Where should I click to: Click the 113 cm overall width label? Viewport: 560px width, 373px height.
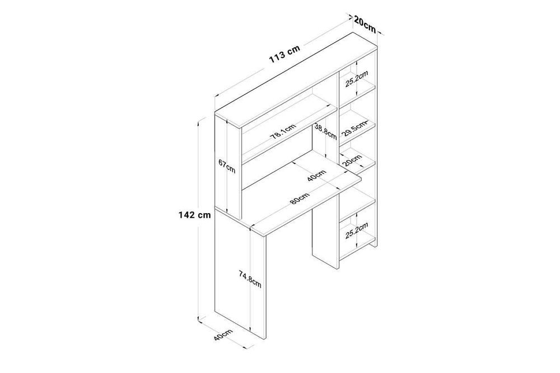point(286,53)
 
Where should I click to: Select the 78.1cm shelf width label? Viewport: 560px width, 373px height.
point(283,133)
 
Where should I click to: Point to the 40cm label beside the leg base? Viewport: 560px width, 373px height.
point(223,337)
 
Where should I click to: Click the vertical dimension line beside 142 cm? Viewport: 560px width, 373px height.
point(199,168)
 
